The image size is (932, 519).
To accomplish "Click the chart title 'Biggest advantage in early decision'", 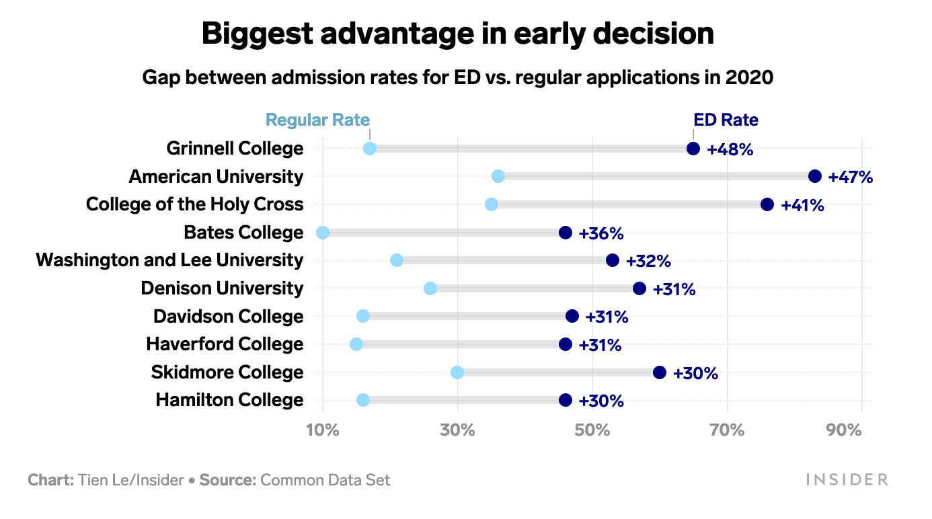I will tap(457, 34).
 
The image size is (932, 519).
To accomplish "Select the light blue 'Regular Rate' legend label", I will tap(317, 120).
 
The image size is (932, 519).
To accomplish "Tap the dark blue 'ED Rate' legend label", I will tap(726, 120).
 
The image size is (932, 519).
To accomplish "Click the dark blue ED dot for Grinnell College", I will tap(693, 149).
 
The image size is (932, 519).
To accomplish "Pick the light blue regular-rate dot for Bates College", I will tap(323, 233).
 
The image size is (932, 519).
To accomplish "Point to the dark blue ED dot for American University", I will tap(815, 176).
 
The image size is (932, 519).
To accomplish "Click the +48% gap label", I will tap(730, 149).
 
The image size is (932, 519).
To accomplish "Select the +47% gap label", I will tap(850, 177).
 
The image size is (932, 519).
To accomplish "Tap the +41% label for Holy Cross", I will tap(802, 205).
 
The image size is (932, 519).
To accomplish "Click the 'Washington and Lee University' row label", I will tap(169, 260).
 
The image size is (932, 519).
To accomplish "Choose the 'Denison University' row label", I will tap(222, 288).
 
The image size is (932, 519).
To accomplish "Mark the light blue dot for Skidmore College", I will tap(457, 372).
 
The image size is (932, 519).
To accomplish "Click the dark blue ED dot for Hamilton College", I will tap(566, 400).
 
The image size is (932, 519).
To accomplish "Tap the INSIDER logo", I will tap(847, 479).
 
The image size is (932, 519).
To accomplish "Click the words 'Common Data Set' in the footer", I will tap(325, 480).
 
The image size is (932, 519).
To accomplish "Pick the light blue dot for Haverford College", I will tap(356, 344).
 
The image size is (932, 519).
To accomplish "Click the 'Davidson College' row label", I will tap(228, 316).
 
